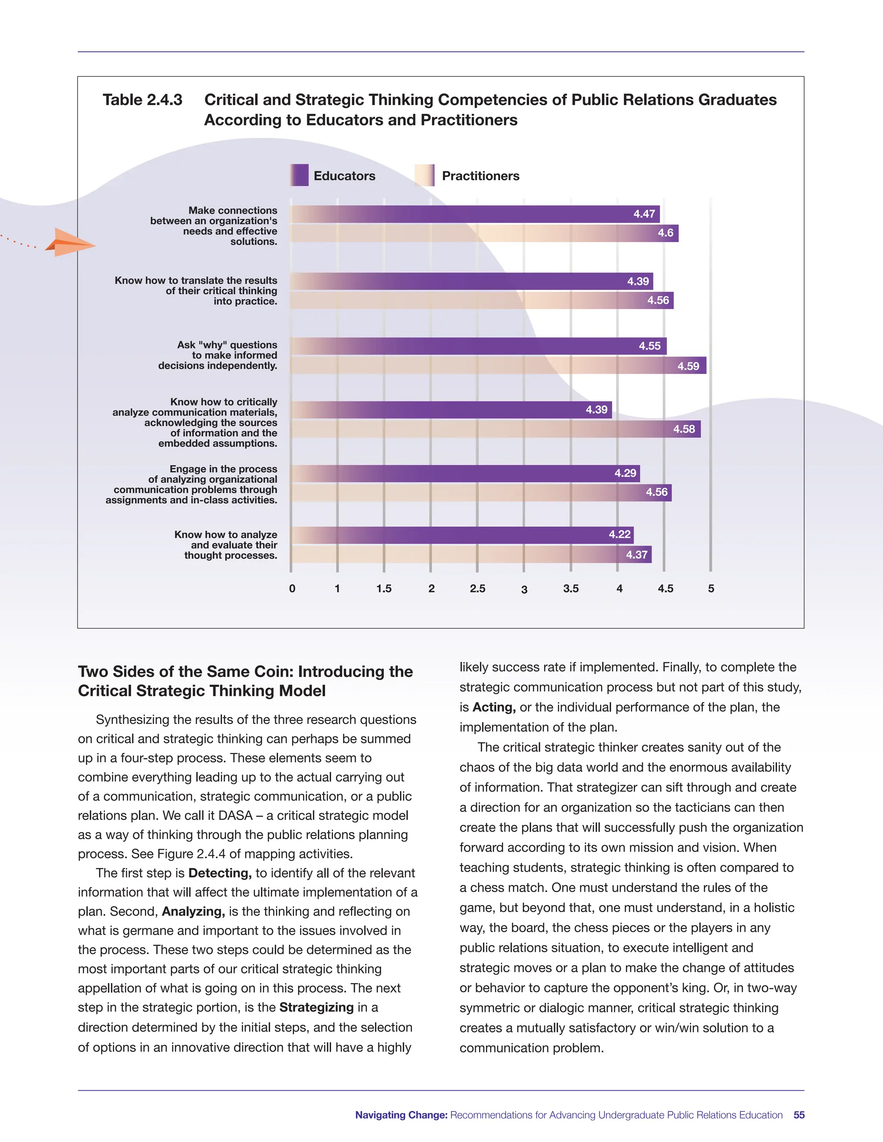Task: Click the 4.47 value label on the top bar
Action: (x=644, y=214)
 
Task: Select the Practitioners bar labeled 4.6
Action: (x=484, y=233)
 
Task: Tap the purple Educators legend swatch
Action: (x=299, y=175)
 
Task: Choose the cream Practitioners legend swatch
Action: (x=424, y=175)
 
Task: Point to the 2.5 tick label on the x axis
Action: (x=477, y=588)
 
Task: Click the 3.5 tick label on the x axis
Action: (x=571, y=588)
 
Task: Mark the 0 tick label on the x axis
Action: (x=292, y=588)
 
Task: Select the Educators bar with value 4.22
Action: (x=461, y=535)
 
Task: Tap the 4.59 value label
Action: (x=688, y=366)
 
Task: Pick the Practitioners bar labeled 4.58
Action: (x=495, y=429)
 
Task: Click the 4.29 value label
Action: (x=625, y=473)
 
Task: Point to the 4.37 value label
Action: (x=637, y=555)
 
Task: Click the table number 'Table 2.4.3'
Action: (x=142, y=100)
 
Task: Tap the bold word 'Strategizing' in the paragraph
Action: (x=316, y=1007)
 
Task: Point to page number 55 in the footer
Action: (x=799, y=1115)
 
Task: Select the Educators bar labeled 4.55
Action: (x=478, y=346)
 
